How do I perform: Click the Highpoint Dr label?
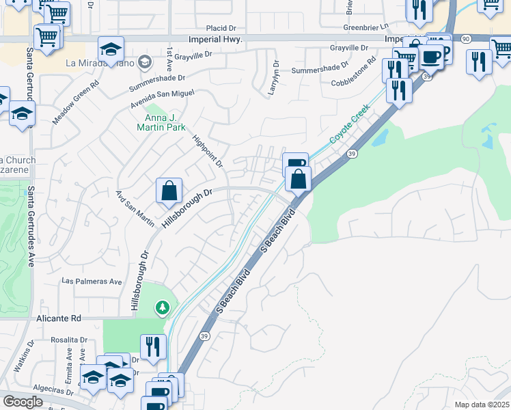click(x=208, y=150)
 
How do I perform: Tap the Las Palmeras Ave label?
click(x=92, y=281)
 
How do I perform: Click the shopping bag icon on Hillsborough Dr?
click(x=169, y=191)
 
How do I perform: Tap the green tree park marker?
click(x=162, y=307)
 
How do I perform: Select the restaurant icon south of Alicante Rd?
click(x=153, y=346)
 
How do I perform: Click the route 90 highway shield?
click(x=465, y=39)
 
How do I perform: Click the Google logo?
click(x=23, y=402)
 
